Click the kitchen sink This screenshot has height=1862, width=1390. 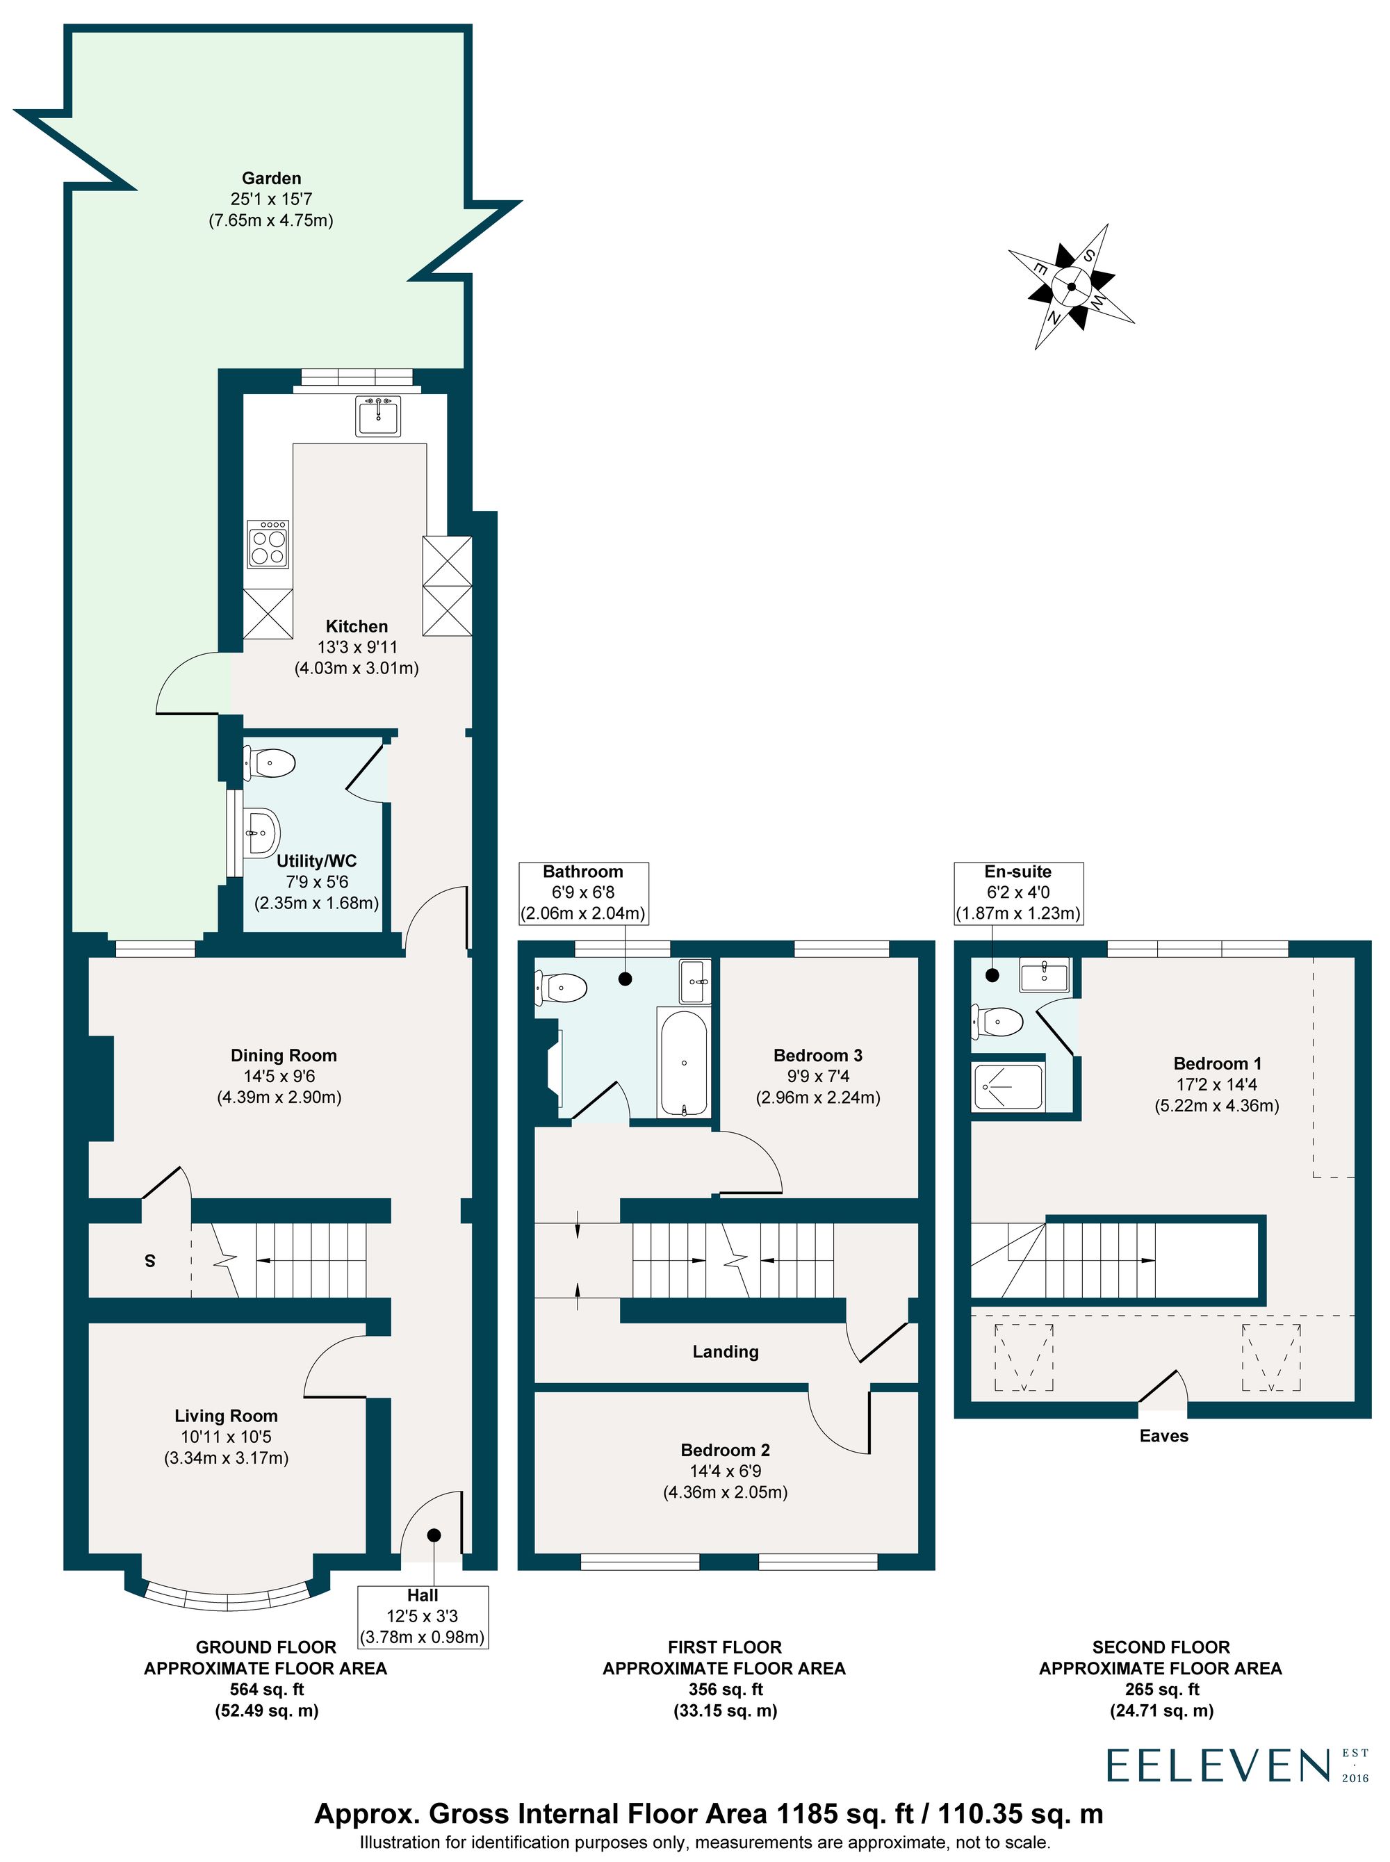(378, 416)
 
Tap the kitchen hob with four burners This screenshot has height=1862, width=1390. (268, 544)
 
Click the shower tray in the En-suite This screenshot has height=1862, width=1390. (1008, 1087)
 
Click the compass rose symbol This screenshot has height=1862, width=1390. (1072, 286)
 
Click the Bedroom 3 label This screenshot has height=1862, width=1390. (818, 1055)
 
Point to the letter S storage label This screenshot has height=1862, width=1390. (149, 1260)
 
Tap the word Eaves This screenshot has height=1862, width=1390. (1163, 1436)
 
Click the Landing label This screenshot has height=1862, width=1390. (726, 1351)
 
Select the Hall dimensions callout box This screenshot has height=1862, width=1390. (423, 1617)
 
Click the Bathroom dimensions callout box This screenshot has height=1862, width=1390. (583, 892)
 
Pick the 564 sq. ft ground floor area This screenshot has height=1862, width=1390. (267, 1690)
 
